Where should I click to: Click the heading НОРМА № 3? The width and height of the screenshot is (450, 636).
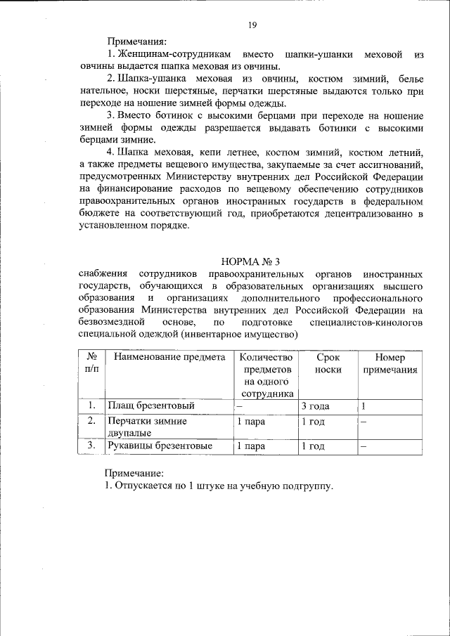251,261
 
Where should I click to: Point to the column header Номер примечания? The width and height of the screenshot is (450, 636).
391,363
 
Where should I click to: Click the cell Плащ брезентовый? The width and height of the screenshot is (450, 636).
150,406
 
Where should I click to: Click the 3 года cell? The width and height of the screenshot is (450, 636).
316,406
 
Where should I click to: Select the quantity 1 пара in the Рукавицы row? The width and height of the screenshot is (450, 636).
250,446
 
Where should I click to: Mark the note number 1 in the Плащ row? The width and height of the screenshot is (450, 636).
364,406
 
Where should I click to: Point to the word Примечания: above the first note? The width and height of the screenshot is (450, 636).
136,41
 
